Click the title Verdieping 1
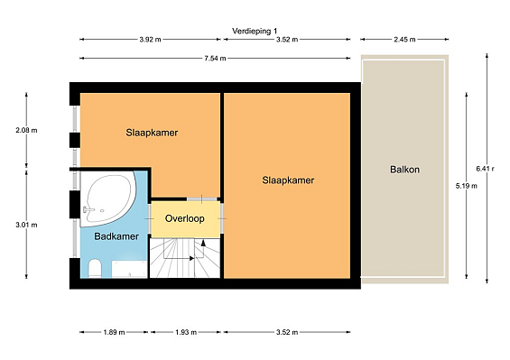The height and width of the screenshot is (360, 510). coord(255,32)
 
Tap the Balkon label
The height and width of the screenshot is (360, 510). coord(404,170)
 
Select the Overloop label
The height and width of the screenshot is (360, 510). coord(185,218)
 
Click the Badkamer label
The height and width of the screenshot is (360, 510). coord(116,236)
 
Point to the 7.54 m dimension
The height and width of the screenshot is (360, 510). coord(215,59)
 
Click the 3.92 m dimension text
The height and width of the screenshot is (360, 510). coord(150,40)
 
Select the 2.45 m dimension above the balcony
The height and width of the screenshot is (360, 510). coord(404,40)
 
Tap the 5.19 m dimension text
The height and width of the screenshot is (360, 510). coord(467,186)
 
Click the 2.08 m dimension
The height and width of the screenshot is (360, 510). coord(26,131)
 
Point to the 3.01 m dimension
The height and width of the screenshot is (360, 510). coord(26,225)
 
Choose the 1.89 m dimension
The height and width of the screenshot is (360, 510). coord(114,332)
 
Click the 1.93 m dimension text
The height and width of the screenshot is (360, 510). coord(186,332)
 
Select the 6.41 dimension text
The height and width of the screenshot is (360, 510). coord(485,169)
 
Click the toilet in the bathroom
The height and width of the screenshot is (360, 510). coord(95,269)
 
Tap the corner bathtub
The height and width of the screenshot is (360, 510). coord(108,198)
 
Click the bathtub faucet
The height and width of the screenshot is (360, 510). coord(88,209)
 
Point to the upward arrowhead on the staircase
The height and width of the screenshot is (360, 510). coord(203,243)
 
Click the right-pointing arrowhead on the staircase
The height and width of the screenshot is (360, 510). coord(192,258)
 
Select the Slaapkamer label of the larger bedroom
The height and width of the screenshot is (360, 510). coord(288,180)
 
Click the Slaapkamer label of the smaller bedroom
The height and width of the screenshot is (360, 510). coord(152,133)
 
